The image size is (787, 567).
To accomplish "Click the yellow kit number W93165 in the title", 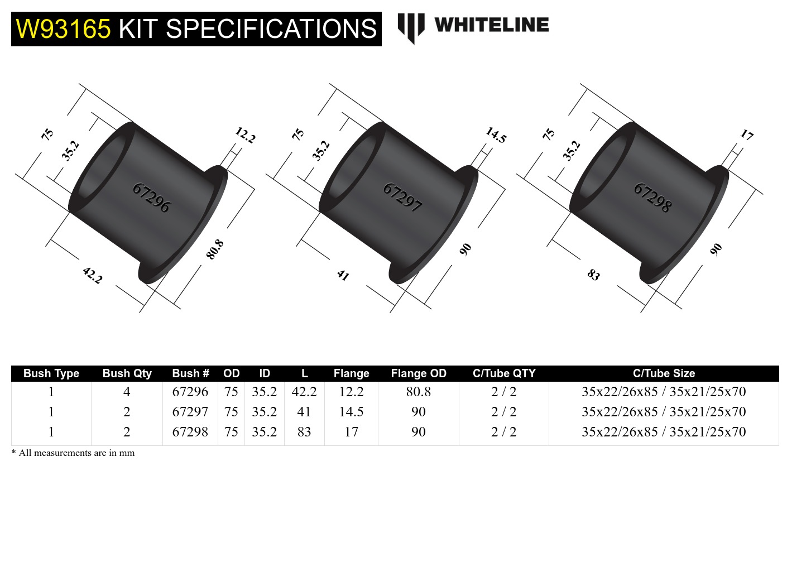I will (63, 29).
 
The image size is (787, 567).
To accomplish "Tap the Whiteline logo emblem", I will (411, 27).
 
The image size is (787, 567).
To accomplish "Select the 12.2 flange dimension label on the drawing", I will (245, 135).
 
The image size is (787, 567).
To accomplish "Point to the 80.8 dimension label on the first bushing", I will (215, 249).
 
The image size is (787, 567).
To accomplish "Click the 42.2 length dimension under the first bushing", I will (93, 275).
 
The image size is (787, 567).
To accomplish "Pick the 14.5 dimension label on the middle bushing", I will (496, 135).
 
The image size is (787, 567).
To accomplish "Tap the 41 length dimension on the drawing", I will (343, 275).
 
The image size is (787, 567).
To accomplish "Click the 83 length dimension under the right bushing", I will (593, 275).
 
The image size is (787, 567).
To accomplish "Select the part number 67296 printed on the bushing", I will (151, 198).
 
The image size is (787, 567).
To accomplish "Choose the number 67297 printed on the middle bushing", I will (402, 198).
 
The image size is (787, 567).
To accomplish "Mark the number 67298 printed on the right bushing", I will (652, 198).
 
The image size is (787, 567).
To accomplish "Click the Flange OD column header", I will (419, 373).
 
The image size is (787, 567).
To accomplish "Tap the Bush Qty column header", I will (127, 373).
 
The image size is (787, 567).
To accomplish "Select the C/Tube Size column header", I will (664, 373).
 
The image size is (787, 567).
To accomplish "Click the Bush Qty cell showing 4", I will (127, 392).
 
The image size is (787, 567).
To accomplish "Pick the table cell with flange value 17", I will (351, 432).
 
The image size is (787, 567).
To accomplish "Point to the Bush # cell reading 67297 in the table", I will (190, 412).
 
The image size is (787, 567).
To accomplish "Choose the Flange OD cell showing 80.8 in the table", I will (419, 392).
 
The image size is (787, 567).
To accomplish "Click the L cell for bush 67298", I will (304, 432).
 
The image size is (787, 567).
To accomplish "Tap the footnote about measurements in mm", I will (73, 453).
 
